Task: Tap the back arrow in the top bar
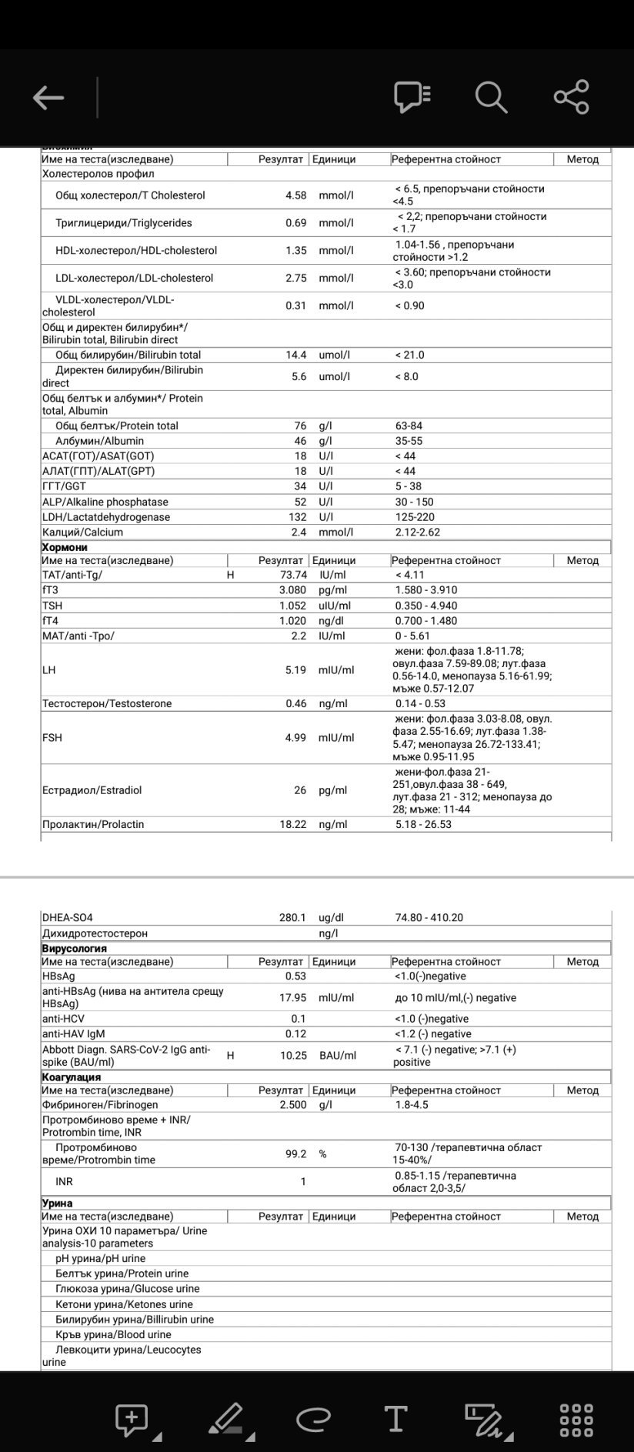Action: tap(48, 98)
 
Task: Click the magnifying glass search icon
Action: tap(490, 98)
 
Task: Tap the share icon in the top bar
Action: tap(571, 98)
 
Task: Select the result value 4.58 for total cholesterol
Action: tap(295, 195)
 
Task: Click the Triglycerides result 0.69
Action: tap(295, 223)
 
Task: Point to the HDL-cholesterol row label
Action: tap(136, 251)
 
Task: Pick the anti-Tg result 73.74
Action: tap(293, 575)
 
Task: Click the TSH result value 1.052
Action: tap(292, 606)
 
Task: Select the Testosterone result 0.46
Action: tap(295, 703)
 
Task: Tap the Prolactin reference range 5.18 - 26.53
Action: tap(423, 824)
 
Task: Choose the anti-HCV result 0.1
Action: tap(299, 1019)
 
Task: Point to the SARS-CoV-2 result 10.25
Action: tap(293, 1056)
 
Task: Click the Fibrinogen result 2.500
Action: tap(292, 1105)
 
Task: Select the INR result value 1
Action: tap(303, 1182)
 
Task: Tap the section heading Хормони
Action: tap(65, 547)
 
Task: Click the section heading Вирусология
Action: tap(74, 949)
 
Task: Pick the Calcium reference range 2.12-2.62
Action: tap(418, 532)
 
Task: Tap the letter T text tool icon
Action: tap(395, 1418)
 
